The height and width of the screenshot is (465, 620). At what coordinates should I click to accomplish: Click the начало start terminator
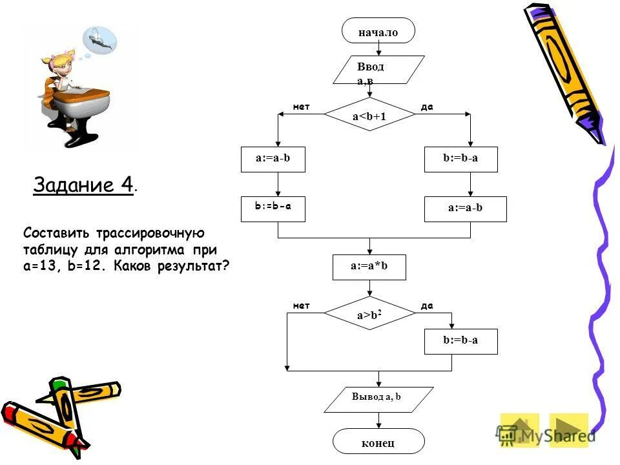pos(378,31)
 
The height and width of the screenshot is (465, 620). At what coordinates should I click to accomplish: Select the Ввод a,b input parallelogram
pos(378,70)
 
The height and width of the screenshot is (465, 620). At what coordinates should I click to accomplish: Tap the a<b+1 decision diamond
pos(369,116)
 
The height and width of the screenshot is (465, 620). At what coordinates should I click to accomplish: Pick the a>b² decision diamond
pos(369,315)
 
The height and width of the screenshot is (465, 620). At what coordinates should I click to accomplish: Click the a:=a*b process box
pos(369,267)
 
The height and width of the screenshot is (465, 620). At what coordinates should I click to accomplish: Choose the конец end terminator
pos(378,442)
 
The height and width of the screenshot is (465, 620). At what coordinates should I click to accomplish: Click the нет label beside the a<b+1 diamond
pos(301,107)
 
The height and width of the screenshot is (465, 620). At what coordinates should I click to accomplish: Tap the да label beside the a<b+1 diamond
pos(426,107)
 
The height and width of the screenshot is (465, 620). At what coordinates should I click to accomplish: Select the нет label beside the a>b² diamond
pos(301,305)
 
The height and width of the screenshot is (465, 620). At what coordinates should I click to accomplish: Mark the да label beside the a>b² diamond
pos(426,305)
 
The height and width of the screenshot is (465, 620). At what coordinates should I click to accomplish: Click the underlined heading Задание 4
pos(83,185)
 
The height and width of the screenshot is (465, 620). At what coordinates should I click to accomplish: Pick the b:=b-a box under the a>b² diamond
pos(460,340)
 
